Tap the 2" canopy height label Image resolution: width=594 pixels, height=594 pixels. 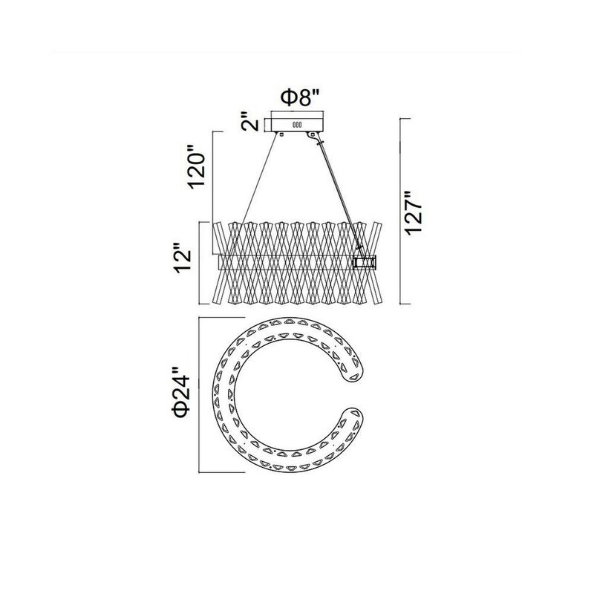(x=249, y=121)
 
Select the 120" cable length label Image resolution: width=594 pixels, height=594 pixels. (x=197, y=166)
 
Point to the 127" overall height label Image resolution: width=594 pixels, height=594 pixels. (x=414, y=213)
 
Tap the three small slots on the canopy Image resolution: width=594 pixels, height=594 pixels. (x=296, y=125)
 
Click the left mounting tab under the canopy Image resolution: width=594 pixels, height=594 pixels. (x=281, y=134)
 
